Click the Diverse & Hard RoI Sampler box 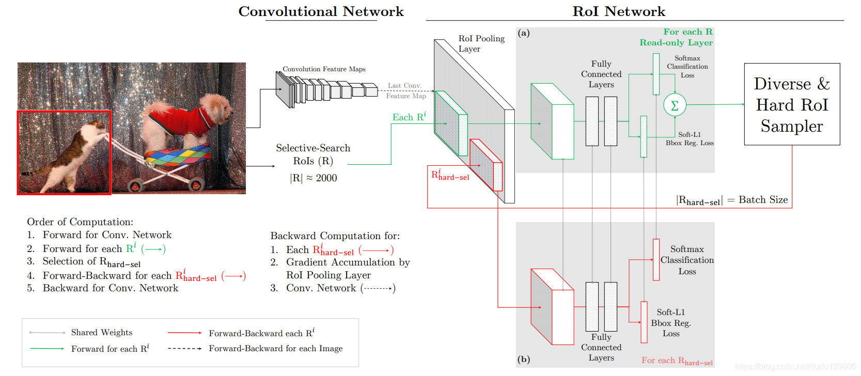tap(792, 104)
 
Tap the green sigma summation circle tap(675, 105)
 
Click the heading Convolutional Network tap(321, 11)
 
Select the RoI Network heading tap(619, 11)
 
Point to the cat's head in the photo tap(98, 127)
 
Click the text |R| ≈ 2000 tap(314, 178)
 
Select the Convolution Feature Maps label tap(324, 69)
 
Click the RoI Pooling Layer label tap(481, 43)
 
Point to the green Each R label tap(409, 117)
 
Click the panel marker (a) tap(524, 33)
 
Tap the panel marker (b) tap(524, 359)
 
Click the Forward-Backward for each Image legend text tap(276, 348)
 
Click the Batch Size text tap(763, 199)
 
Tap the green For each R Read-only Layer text tap(676, 37)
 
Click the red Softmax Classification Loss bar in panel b tap(656, 259)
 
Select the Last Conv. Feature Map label tap(406, 91)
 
